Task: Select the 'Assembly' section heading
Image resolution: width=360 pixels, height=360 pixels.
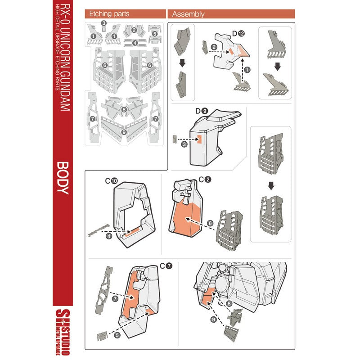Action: point(188,14)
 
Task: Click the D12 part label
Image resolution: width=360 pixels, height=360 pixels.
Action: point(238,33)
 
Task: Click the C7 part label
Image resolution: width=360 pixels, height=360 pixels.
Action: point(166,266)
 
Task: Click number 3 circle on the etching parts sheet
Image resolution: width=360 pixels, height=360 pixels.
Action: point(103,23)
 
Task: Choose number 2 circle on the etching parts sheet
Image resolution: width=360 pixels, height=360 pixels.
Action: point(135,31)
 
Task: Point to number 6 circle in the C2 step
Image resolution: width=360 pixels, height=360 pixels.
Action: point(210,223)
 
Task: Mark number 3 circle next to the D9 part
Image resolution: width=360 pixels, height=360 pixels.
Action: point(184,144)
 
